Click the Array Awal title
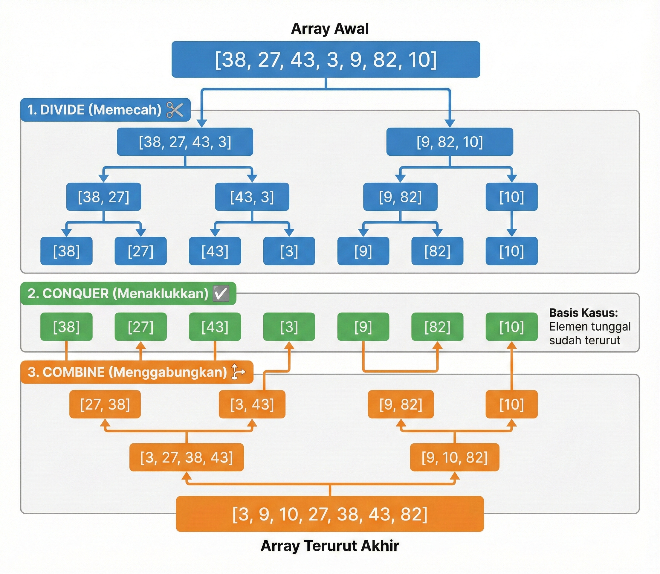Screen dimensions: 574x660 [329, 28]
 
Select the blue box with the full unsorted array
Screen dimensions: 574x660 [326, 59]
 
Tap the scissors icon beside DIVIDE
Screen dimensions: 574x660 [175, 110]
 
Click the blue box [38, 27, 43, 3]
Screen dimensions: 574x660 [185, 142]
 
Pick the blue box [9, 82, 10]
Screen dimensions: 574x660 [450, 142]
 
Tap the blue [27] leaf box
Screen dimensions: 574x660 [140, 251]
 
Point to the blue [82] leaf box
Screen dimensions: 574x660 [437, 251]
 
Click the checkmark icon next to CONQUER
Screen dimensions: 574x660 [221, 293]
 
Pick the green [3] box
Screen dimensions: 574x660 [289, 327]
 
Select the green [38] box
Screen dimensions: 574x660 [66, 327]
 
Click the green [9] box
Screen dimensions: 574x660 [363, 327]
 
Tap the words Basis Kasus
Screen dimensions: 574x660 [583, 313]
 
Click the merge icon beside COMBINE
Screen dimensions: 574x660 [238, 372]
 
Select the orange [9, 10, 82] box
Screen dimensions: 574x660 [454, 457]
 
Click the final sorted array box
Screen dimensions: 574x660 [329, 514]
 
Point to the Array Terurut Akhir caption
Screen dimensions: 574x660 [329, 546]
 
